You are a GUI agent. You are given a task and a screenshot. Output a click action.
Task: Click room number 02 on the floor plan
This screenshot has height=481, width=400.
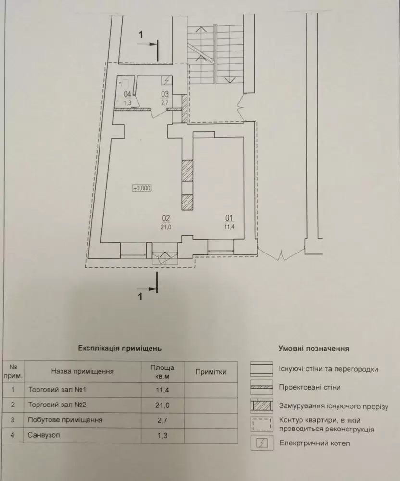coord(166,218)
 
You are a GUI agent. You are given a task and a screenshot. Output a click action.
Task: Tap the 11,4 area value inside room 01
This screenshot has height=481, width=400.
coord(229,227)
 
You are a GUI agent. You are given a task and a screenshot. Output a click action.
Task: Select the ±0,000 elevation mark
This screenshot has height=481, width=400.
coord(142,188)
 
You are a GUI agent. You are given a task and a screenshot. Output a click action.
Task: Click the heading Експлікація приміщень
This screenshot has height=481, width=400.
coord(120,348)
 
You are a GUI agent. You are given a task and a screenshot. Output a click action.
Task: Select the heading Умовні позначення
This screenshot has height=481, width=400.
coord(314,349)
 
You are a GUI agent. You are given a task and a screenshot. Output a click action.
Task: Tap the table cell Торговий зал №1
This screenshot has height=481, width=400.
coord(57,390)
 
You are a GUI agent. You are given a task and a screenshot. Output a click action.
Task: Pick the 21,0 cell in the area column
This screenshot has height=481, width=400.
coord(162,405)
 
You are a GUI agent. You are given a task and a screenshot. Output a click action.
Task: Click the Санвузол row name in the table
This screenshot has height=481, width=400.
coord(44,435)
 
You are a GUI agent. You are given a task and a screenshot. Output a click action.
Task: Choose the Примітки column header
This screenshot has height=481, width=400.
coord(211,372)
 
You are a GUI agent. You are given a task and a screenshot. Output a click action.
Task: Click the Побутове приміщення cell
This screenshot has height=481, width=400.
coord(65,420)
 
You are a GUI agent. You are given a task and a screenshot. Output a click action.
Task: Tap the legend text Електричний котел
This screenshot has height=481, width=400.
coord(314,443)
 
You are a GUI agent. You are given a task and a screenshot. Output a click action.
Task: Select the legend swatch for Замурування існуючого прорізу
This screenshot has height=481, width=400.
coord(262,405)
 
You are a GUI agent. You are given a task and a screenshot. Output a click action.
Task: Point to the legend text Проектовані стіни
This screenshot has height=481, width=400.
coord(310,387)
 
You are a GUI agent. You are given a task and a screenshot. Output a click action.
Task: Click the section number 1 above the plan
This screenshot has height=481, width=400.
coord(141,35)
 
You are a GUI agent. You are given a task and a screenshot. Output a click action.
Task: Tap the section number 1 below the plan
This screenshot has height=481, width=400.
coord(140,297)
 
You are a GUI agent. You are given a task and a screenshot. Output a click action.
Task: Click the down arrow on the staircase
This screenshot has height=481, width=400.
coord(229,80)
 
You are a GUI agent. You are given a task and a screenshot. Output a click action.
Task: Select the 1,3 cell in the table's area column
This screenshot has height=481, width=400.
coord(162,435)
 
